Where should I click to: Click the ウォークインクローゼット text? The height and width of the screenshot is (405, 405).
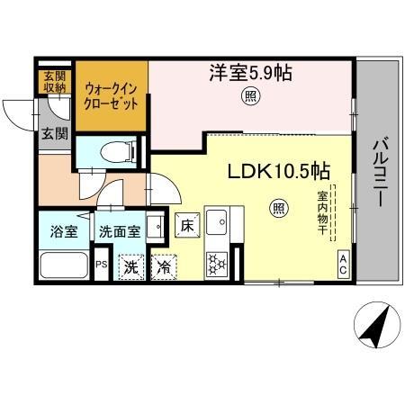pos(112,96)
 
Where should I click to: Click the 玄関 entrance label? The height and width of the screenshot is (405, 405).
pos(54,134)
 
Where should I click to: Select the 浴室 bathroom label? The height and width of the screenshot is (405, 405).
pos(64,230)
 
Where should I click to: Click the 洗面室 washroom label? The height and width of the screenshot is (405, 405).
pos(120,231)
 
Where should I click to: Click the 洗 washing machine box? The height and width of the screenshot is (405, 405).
pos(131,266)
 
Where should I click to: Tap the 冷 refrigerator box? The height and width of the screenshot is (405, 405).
pos(164,266)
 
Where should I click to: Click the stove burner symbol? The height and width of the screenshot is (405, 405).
pos(218,263)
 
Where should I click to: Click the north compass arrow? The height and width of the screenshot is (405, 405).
pos(376,329)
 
